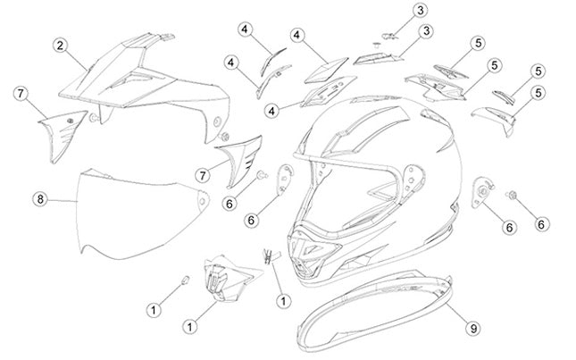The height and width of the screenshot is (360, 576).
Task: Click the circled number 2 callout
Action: tap(60, 46)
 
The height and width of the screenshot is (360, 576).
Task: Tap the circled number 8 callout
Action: tap(40, 199)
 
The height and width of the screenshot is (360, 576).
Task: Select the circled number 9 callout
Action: tap(473, 328)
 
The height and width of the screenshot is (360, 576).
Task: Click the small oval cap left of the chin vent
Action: tap(186, 280)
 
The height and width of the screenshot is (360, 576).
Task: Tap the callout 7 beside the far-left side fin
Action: tap(21, 93)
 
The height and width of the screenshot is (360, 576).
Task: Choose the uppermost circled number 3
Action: tap(421, 11)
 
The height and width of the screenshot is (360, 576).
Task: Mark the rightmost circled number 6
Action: tap(541, 223)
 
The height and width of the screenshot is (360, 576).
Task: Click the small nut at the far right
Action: tap(513, 195)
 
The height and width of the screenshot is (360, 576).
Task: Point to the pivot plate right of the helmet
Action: tap(482, 192)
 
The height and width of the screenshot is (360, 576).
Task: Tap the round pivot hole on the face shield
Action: tap(202, 200)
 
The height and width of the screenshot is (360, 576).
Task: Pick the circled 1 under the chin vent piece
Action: tap(190, 326)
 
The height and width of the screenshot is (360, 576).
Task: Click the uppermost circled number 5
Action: tap(478, 44)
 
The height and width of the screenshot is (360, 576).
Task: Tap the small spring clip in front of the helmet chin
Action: tap(270, 256)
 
